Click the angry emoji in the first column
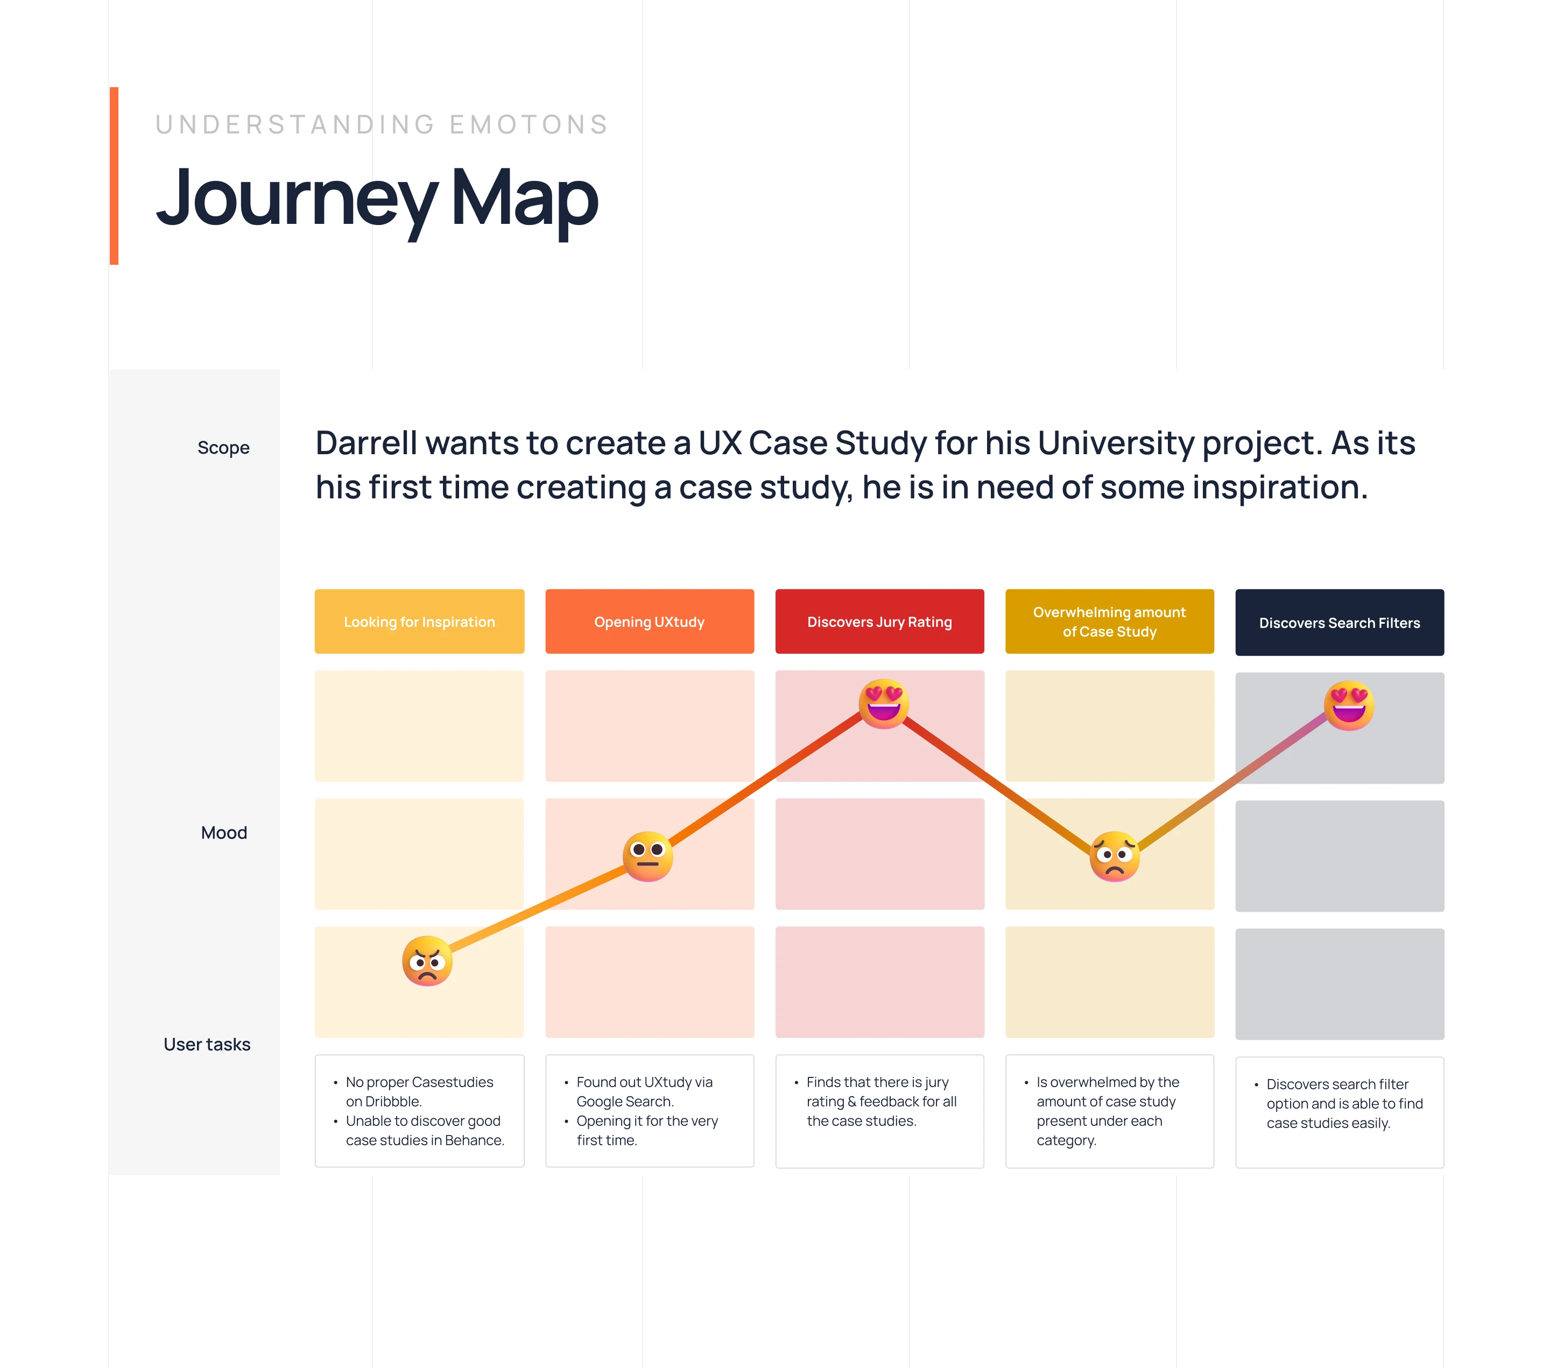click(427, 961)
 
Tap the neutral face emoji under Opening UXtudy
click(647, 856)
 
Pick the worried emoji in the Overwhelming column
click(1114, 856)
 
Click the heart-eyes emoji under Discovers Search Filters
click(1349, 705)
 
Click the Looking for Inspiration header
click(419, 621)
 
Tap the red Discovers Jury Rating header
click(879, 621)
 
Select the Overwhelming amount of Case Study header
click(1109, 621)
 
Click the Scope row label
click(224, 447)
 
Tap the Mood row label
click(224, 833)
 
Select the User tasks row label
click(207, 1044)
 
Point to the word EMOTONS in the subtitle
click(529, 124)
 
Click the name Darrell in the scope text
click(367, 443)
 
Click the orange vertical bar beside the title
click(114, 176)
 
